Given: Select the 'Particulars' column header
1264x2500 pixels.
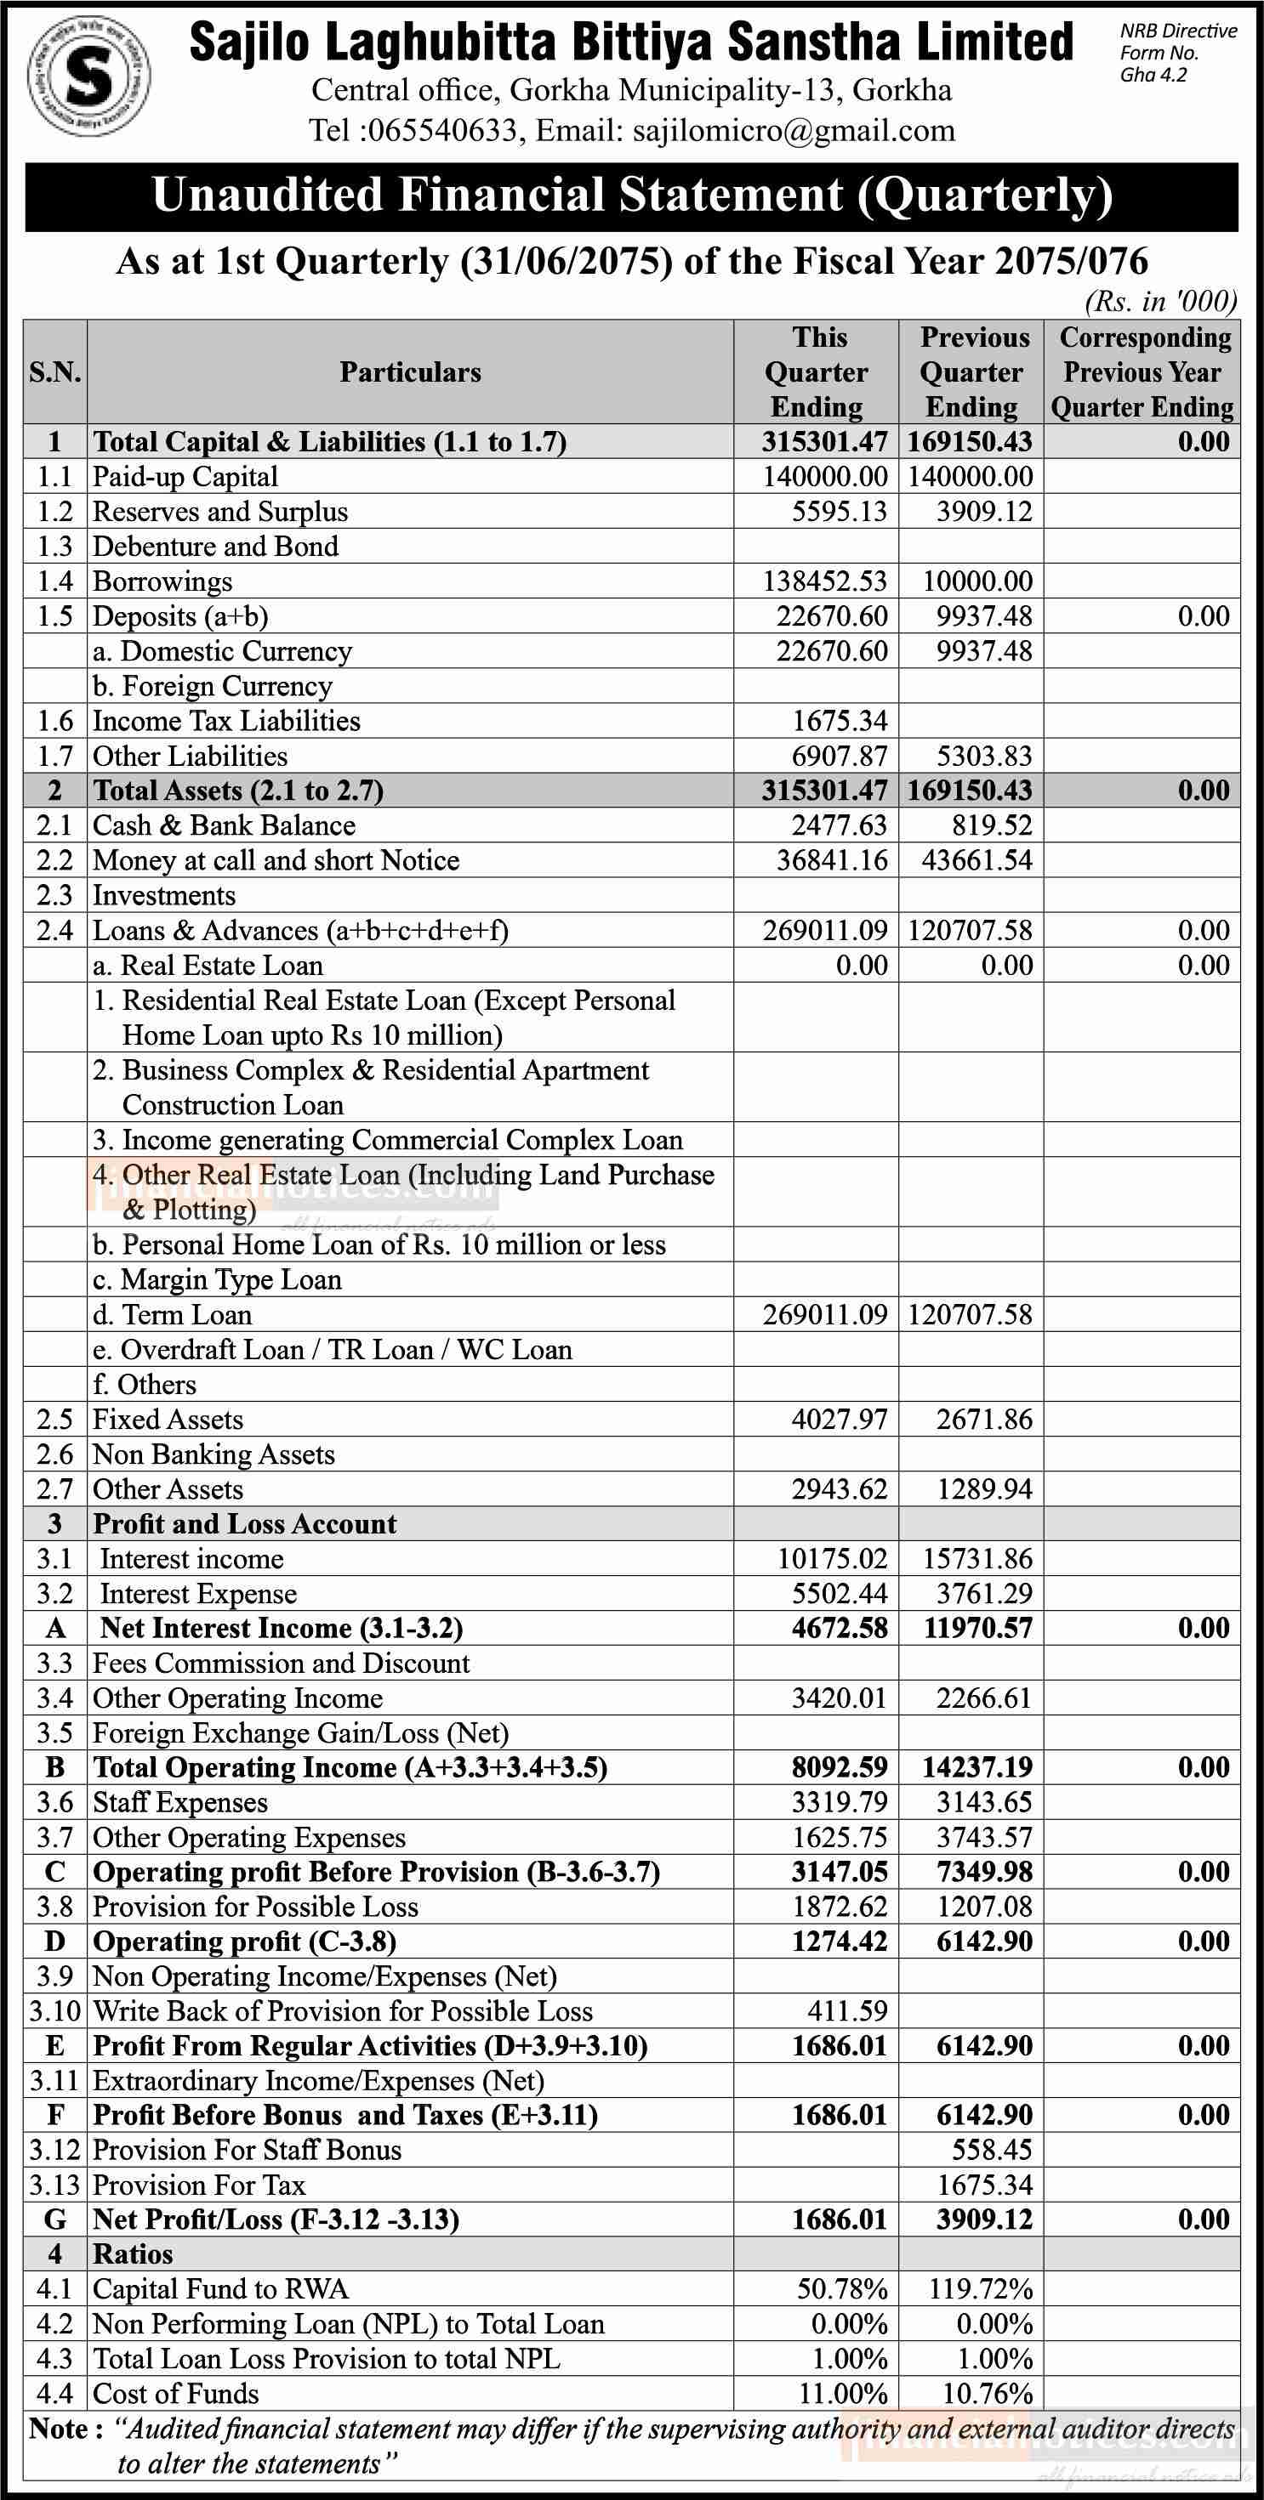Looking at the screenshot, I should point(410,371).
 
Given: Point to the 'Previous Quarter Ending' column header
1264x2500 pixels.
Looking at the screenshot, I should point(971,371).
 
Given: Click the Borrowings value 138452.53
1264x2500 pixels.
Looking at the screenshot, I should point(824,581).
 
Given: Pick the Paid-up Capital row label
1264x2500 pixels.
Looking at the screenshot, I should point(185,477).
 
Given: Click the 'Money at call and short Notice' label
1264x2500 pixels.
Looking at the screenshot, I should point(276,861).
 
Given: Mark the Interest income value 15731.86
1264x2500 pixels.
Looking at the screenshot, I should point(977,1560).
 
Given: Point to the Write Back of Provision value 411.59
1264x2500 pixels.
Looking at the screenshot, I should point(846,2012).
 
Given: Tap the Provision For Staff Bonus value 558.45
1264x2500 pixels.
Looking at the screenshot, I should point(991,2151).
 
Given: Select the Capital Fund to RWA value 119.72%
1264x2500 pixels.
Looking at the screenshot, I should point(982,2289).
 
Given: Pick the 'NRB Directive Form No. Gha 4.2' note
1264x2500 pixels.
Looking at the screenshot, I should point(1177,54).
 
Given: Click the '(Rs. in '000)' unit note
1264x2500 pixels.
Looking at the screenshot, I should point(1161,302).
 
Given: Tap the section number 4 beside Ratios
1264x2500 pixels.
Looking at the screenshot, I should point(55,2254).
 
